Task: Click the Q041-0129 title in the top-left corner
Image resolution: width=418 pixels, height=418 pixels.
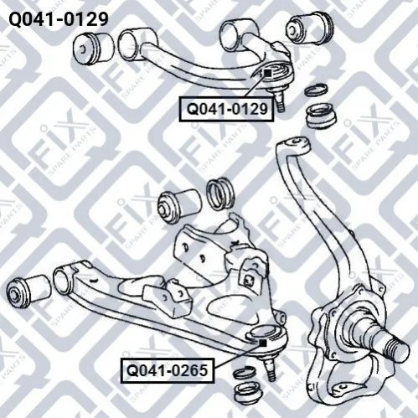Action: pos(59,19)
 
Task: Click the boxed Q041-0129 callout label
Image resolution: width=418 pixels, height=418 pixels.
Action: pos(226,109)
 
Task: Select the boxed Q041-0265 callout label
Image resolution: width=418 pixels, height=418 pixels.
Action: pos(168,370)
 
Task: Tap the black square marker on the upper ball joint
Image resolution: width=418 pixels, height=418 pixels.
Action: pos(267,73)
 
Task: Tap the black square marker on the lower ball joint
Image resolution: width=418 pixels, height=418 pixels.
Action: pos(263,343)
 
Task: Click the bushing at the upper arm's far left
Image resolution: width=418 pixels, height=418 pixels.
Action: pos(94,49)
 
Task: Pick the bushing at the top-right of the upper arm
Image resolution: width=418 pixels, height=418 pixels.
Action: pos(310,27)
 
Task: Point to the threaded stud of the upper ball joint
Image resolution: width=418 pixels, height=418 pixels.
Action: pos(280,102)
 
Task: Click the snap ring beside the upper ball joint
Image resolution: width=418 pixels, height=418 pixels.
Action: pos(316,90)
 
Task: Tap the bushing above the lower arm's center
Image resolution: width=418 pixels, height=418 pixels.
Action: pos(179,205)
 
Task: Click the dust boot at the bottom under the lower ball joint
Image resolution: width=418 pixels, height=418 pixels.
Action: pos(248,391)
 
